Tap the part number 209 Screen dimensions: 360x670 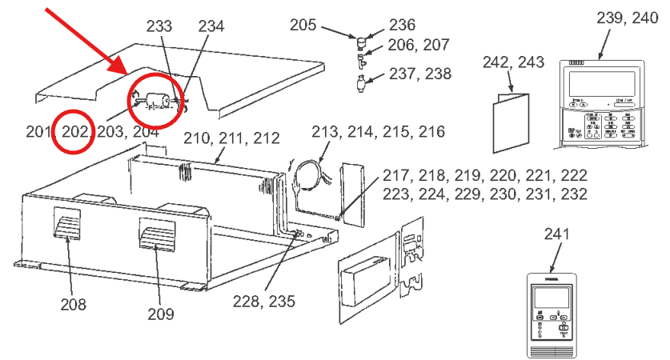tap(160, 314)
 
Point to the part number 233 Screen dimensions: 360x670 tap(159, 26)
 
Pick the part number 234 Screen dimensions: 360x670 tap(211, 26)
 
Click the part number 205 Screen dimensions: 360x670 tap(303, 26)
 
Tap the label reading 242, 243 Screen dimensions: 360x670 tap(513, 62)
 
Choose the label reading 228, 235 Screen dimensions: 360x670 tap(264, 302)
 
